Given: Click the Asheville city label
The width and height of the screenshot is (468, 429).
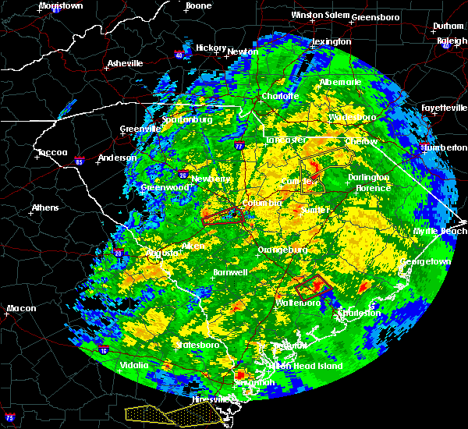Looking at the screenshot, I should tap(126, 63).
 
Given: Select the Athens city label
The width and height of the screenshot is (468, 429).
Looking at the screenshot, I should tap(45, 207).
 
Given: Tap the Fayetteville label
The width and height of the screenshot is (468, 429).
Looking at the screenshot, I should tap(444, 108).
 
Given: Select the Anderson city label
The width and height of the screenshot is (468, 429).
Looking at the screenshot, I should tap(116, 158).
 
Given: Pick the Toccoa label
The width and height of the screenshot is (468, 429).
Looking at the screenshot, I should tap(52, 152).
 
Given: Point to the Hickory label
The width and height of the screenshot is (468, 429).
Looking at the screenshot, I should tap(211, 48).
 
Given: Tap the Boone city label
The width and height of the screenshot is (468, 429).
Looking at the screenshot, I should tap(198, 5).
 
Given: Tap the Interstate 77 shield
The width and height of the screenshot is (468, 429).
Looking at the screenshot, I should tap(239, 145).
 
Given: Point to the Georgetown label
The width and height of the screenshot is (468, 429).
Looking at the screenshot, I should tap(427, 262).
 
